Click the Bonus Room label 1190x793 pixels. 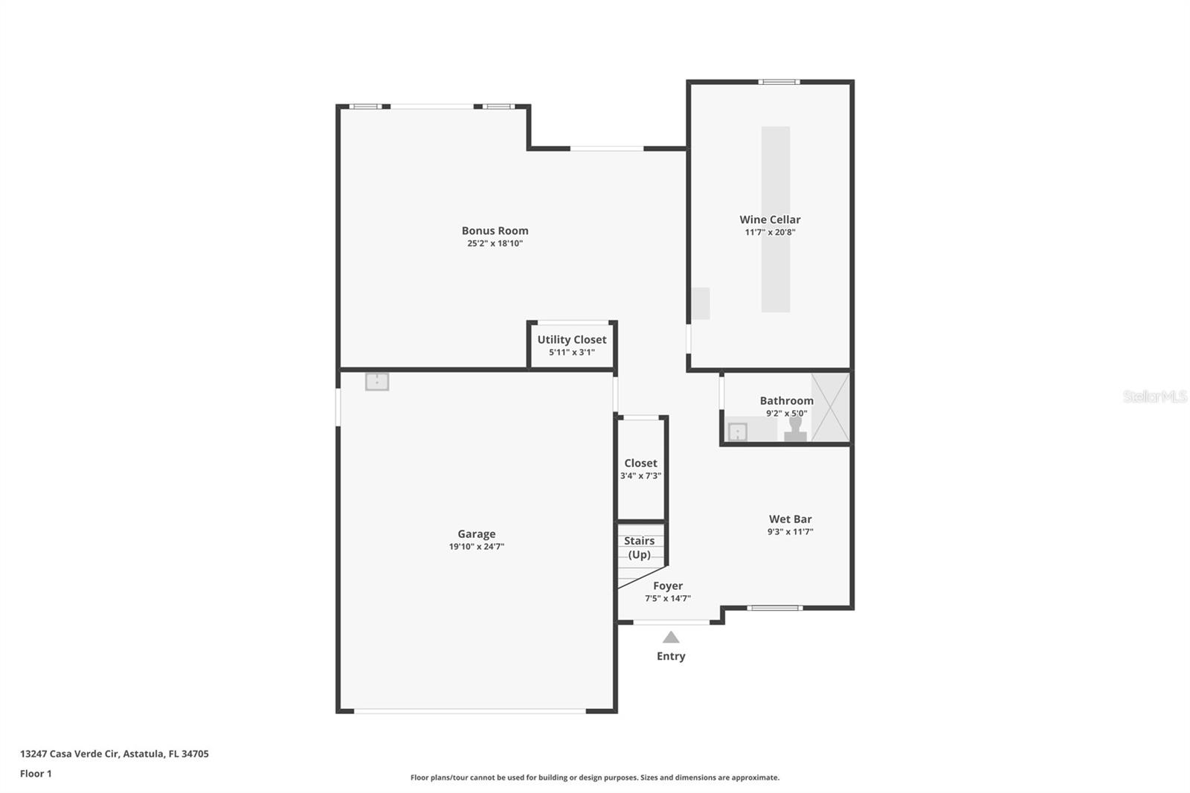(x=495, y=231)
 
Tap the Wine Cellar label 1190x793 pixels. (x=770, y=219)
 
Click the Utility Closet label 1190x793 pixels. (x=572, y=339)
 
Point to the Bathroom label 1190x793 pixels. (x=786, y=400)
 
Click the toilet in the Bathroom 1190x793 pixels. (x=795, y=429)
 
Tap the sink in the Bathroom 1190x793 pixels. (x=737, y=431)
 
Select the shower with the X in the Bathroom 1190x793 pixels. (x=830, y=408)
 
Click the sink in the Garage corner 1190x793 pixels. (x=377, y=382)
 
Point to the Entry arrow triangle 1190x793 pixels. (x=671, y=638)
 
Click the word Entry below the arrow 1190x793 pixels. (x=671, y=656)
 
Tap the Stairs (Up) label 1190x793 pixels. (x=640, y=548)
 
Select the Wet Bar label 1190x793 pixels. (x=790, y=519)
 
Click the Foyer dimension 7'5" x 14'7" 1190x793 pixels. (x=668, y=598)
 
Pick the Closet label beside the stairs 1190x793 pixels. (x=640, y=463)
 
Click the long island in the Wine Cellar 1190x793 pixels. (x=775, y=219)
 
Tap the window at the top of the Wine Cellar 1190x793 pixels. (x=779, y=82)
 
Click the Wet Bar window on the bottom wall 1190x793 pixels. (x=774, y=608)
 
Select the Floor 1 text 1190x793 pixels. (x=36, y=774)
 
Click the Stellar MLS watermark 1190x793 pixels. (x=1154, y=396)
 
